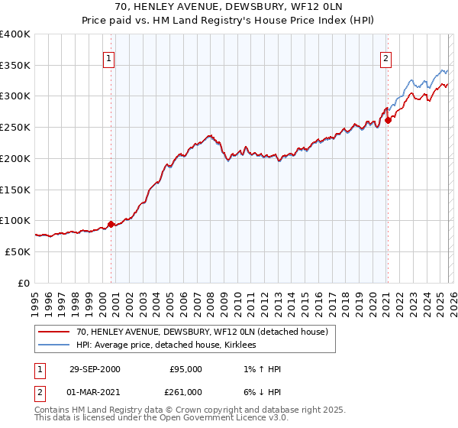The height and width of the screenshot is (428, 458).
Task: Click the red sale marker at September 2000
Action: click(111, 224)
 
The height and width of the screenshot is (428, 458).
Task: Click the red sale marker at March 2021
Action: click(388, 119)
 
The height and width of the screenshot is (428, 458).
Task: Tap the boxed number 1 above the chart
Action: click(108, 57)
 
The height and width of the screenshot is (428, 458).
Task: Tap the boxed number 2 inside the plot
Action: click(385, 57)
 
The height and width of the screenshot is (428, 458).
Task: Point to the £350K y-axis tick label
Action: click(15, 66)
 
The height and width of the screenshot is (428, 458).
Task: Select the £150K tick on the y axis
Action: click(15, 190)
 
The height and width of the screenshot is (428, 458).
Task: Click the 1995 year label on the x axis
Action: click(34, 299)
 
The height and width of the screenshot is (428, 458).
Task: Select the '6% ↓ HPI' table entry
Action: click(260, 391)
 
